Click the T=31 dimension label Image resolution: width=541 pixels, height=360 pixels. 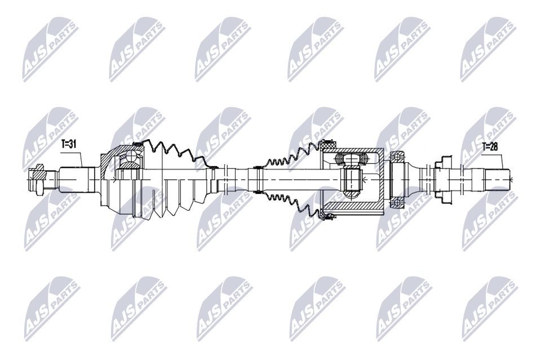click(69, 144)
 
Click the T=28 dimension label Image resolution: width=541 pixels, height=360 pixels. click(490, 147)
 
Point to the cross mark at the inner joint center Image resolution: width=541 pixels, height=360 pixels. click(365, 180)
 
